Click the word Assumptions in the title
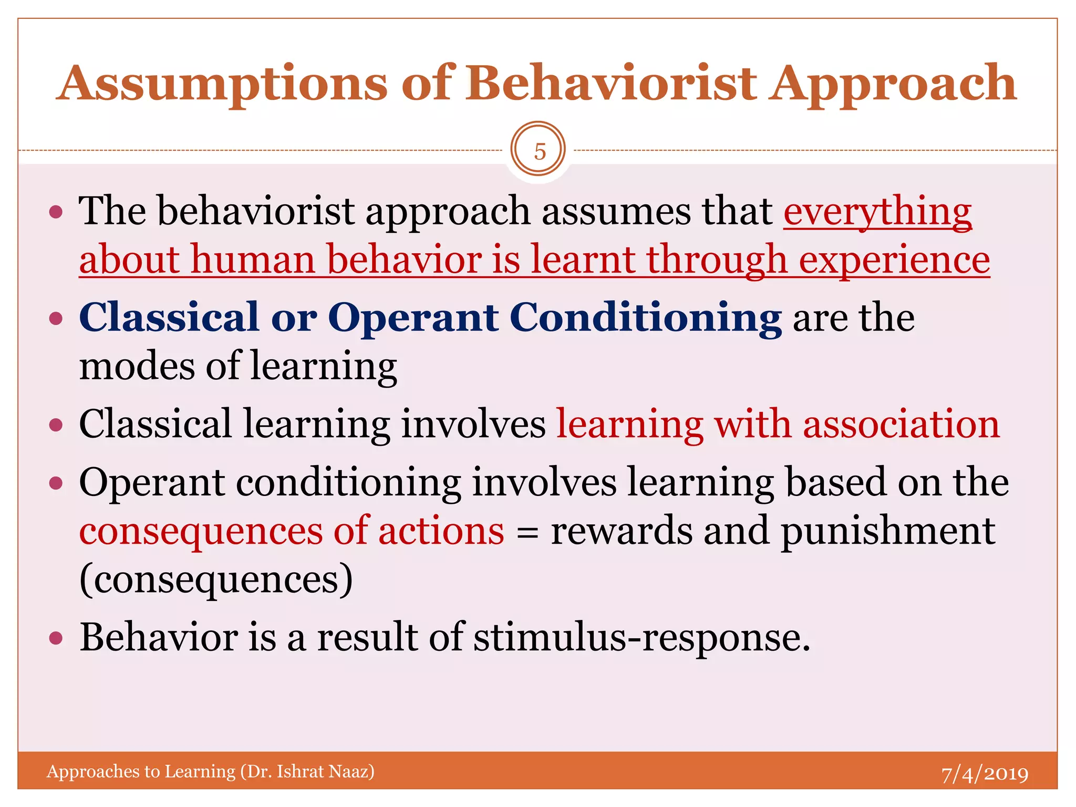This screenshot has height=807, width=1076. [x=221, y=84]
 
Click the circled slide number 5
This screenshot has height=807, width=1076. [x=538, y=151]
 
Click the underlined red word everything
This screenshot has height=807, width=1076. [x=877, y=212]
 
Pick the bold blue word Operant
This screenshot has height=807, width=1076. [x=413, y=318]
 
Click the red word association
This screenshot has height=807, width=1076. [x=901, y=425]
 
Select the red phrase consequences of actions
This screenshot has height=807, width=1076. [x=292, y=531]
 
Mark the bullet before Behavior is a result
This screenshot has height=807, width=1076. [x=56, y=639]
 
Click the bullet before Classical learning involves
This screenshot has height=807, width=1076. [x=56, y=425]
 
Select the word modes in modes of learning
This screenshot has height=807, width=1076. [x=137, y=367]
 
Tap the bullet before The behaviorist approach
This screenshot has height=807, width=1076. [x=56, y=212]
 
